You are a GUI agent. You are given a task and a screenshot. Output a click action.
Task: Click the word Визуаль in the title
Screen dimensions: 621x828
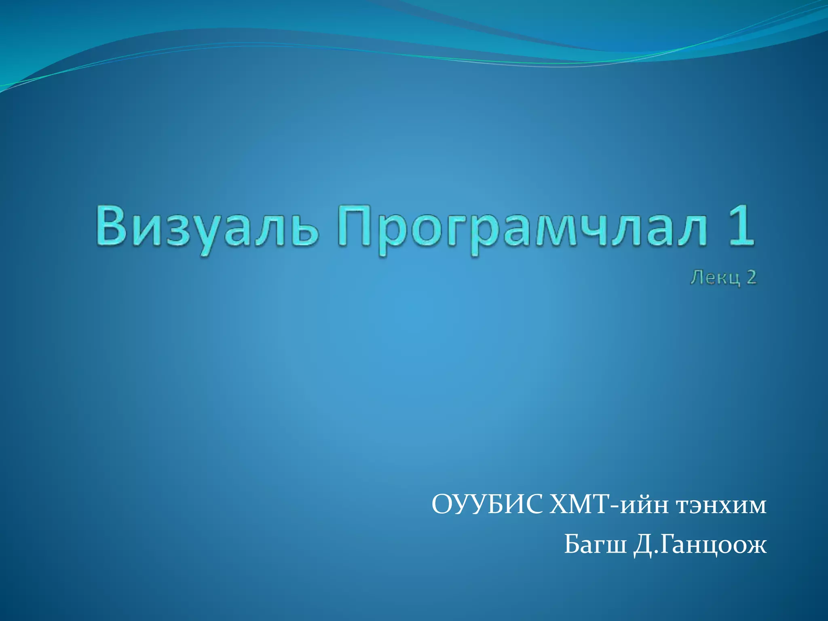[x=206, y=226]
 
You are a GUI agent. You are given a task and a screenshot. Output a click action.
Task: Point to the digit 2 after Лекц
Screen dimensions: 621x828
[x=750, y=278]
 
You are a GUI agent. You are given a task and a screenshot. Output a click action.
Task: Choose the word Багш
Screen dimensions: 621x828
[x=594, y=545]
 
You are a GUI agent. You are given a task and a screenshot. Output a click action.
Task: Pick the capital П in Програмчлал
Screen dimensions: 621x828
[x=355, y=226]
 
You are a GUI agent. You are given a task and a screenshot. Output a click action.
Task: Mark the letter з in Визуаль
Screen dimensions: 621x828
[x=178, y=230]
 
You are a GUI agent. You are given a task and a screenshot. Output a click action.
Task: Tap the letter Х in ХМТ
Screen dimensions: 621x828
[x=558, y=505]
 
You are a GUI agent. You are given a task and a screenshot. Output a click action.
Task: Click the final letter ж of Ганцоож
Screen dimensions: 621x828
[x=756, y=546]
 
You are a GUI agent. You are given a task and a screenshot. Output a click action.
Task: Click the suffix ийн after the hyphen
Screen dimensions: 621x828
[x=644, y=506]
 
